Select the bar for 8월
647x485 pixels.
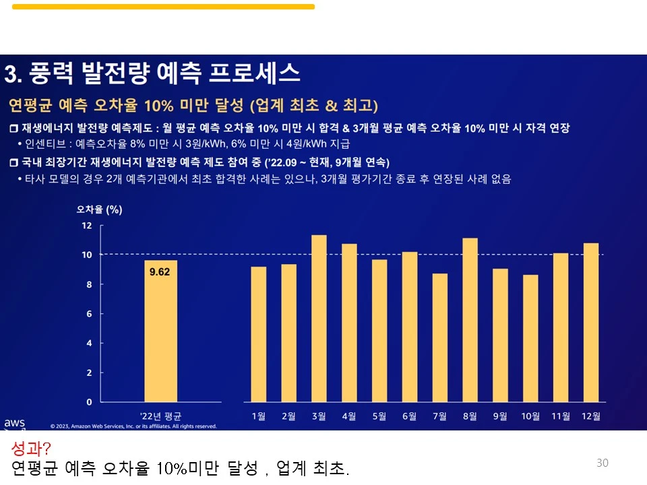(470, 319)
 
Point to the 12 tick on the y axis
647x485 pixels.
(87, 225)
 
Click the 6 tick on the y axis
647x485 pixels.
(89, 313)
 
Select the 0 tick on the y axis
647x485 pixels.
(89, 401)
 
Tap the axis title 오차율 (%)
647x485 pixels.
(99, 209)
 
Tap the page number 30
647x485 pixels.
(602, 463)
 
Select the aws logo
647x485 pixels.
(14, 423)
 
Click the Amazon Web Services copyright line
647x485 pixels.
(133, 426)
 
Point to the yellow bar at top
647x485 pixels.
(163, 7)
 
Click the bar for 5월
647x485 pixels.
(379, 330)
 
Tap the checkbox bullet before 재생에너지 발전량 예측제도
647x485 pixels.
(14, 128)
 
